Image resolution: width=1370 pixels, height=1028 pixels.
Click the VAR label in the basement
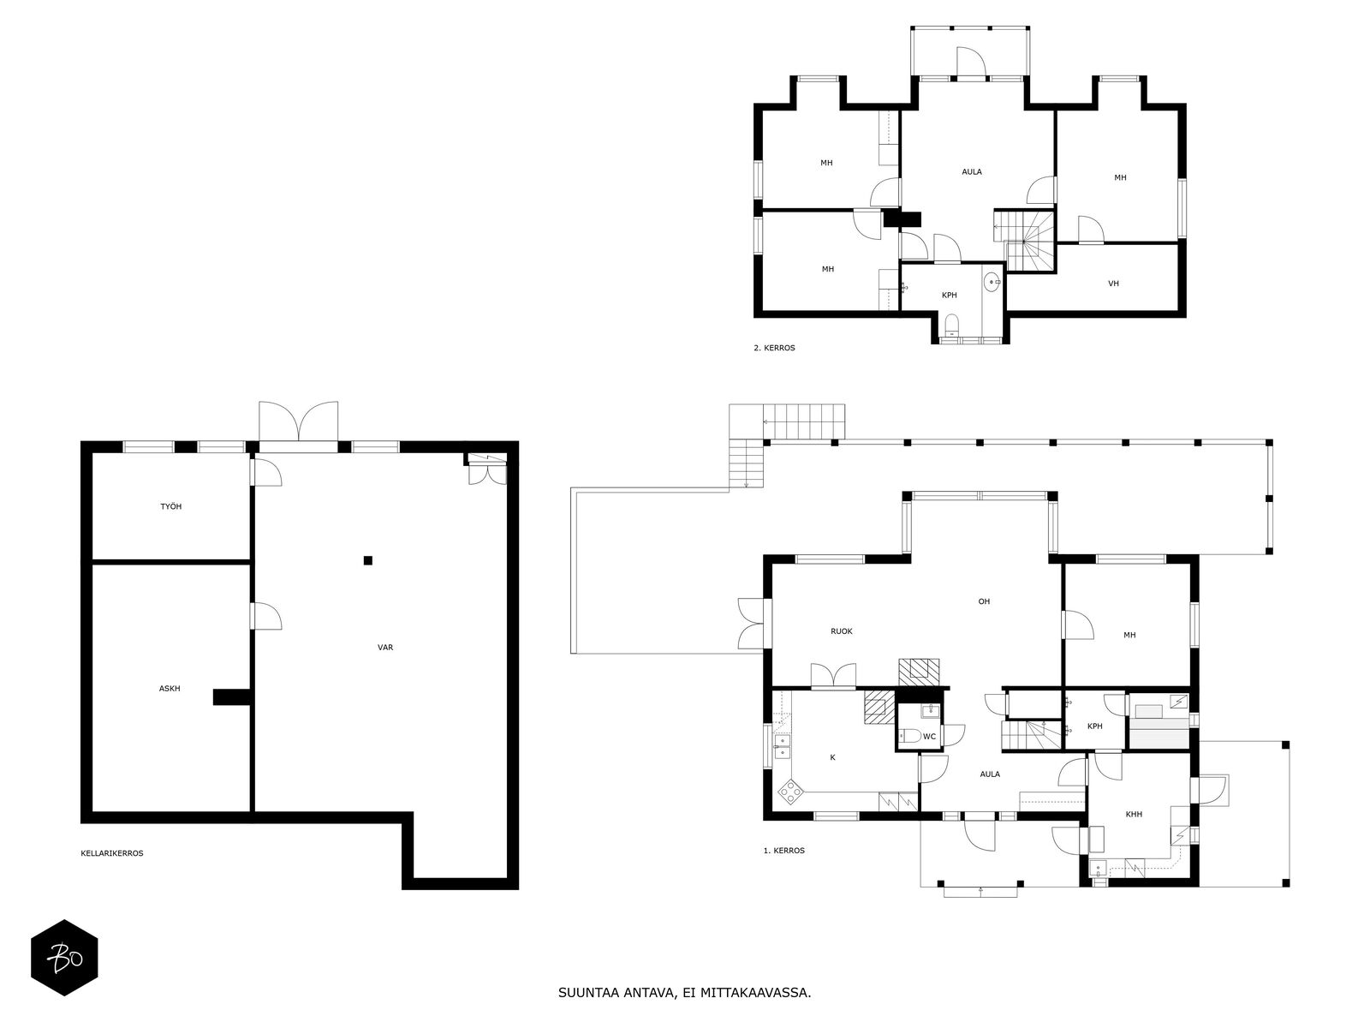pyautogui.click(x=385, y=648)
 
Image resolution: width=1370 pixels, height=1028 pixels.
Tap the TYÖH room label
pyautogui.click(x=171, y=507)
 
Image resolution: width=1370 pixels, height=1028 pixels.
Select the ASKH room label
pyautogui.click(x=170, y=689)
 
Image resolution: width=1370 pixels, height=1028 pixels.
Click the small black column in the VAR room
pyautogui.click(x=368, y=560)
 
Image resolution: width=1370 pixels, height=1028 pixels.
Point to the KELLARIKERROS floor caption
pyautogui.click(x=111, y=853)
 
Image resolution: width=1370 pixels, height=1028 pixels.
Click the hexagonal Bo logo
pyautogui.click(x=65, y=958)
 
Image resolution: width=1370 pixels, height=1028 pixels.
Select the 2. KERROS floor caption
pyautogui.click(x=774, y=348)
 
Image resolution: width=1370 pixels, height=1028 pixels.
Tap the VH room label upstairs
pyautogui.click(x=1113, y=284)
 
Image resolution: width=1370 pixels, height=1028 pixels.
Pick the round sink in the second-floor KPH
pyautogui.click(x=992, y=283)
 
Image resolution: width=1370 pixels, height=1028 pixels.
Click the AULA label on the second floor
pyautogui.click(x=972, y=171)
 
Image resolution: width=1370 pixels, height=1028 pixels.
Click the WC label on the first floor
pyautogui.click(x=929, y=737)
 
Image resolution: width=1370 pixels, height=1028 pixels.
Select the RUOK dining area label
pyautogui.click(x=842, y=631)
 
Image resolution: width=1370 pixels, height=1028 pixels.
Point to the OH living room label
pyautogui.click(x=985, y=601)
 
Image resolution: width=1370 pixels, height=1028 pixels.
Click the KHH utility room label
pyautogui.click(x=1134, y=814)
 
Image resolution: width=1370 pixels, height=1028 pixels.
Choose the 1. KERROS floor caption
pyautogui.click(x=784, y=850)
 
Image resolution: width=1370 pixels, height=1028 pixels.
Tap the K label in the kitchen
pyautogui.click(x=832, y=757)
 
